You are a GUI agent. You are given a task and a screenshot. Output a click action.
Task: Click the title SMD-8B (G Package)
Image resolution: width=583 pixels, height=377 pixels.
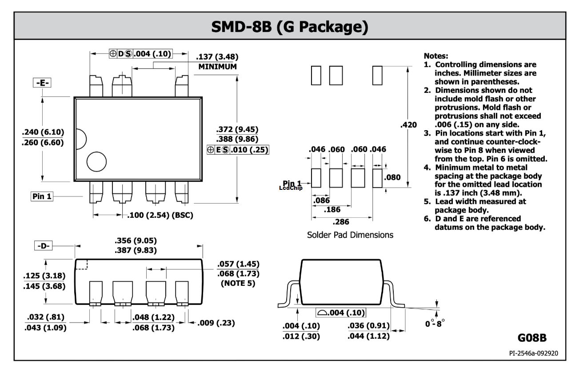(x=290, y=27)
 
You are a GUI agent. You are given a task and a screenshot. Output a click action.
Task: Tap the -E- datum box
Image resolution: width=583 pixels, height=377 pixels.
(x=42, y=83)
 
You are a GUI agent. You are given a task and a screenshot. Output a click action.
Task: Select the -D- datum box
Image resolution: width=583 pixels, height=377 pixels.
(x=43, y=245)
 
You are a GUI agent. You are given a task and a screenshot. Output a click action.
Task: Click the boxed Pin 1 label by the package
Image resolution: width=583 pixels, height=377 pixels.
(x=42, y=197)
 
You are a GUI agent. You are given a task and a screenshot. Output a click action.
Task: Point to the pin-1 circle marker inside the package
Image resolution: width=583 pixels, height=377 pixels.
(x=96, y=162)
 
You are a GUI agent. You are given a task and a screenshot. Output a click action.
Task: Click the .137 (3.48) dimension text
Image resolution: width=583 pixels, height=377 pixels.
(x=217, y=56)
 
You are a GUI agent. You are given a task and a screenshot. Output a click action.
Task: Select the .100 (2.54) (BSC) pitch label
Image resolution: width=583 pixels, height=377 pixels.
(x=160, y=215)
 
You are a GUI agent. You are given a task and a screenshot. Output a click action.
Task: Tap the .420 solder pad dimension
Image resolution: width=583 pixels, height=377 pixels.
(x=408, y=125)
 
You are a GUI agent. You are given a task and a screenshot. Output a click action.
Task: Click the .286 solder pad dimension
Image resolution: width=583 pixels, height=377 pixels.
(x=341, y=222)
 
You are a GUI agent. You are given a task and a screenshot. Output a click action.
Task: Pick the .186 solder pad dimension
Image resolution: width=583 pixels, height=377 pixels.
(x=332, y=209)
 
